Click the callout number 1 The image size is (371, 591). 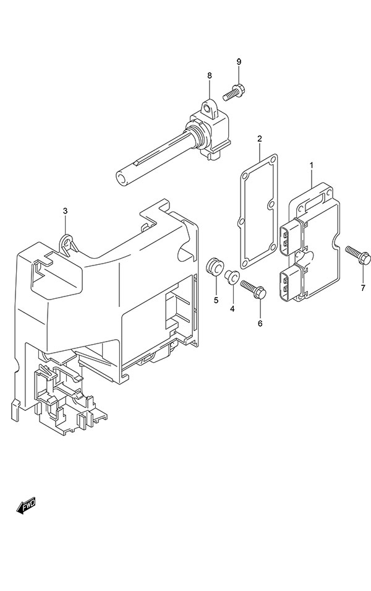point(312,165)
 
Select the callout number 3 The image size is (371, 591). point(66,212)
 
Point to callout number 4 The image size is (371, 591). point(232,308)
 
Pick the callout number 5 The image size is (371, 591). point(216,300)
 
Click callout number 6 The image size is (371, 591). point(260,323)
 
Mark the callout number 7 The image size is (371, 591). point(363,288)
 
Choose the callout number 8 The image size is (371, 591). point(209,75)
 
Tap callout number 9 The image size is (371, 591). point(238,61)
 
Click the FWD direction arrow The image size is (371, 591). point(25,507)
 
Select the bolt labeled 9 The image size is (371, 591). point(235,91)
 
